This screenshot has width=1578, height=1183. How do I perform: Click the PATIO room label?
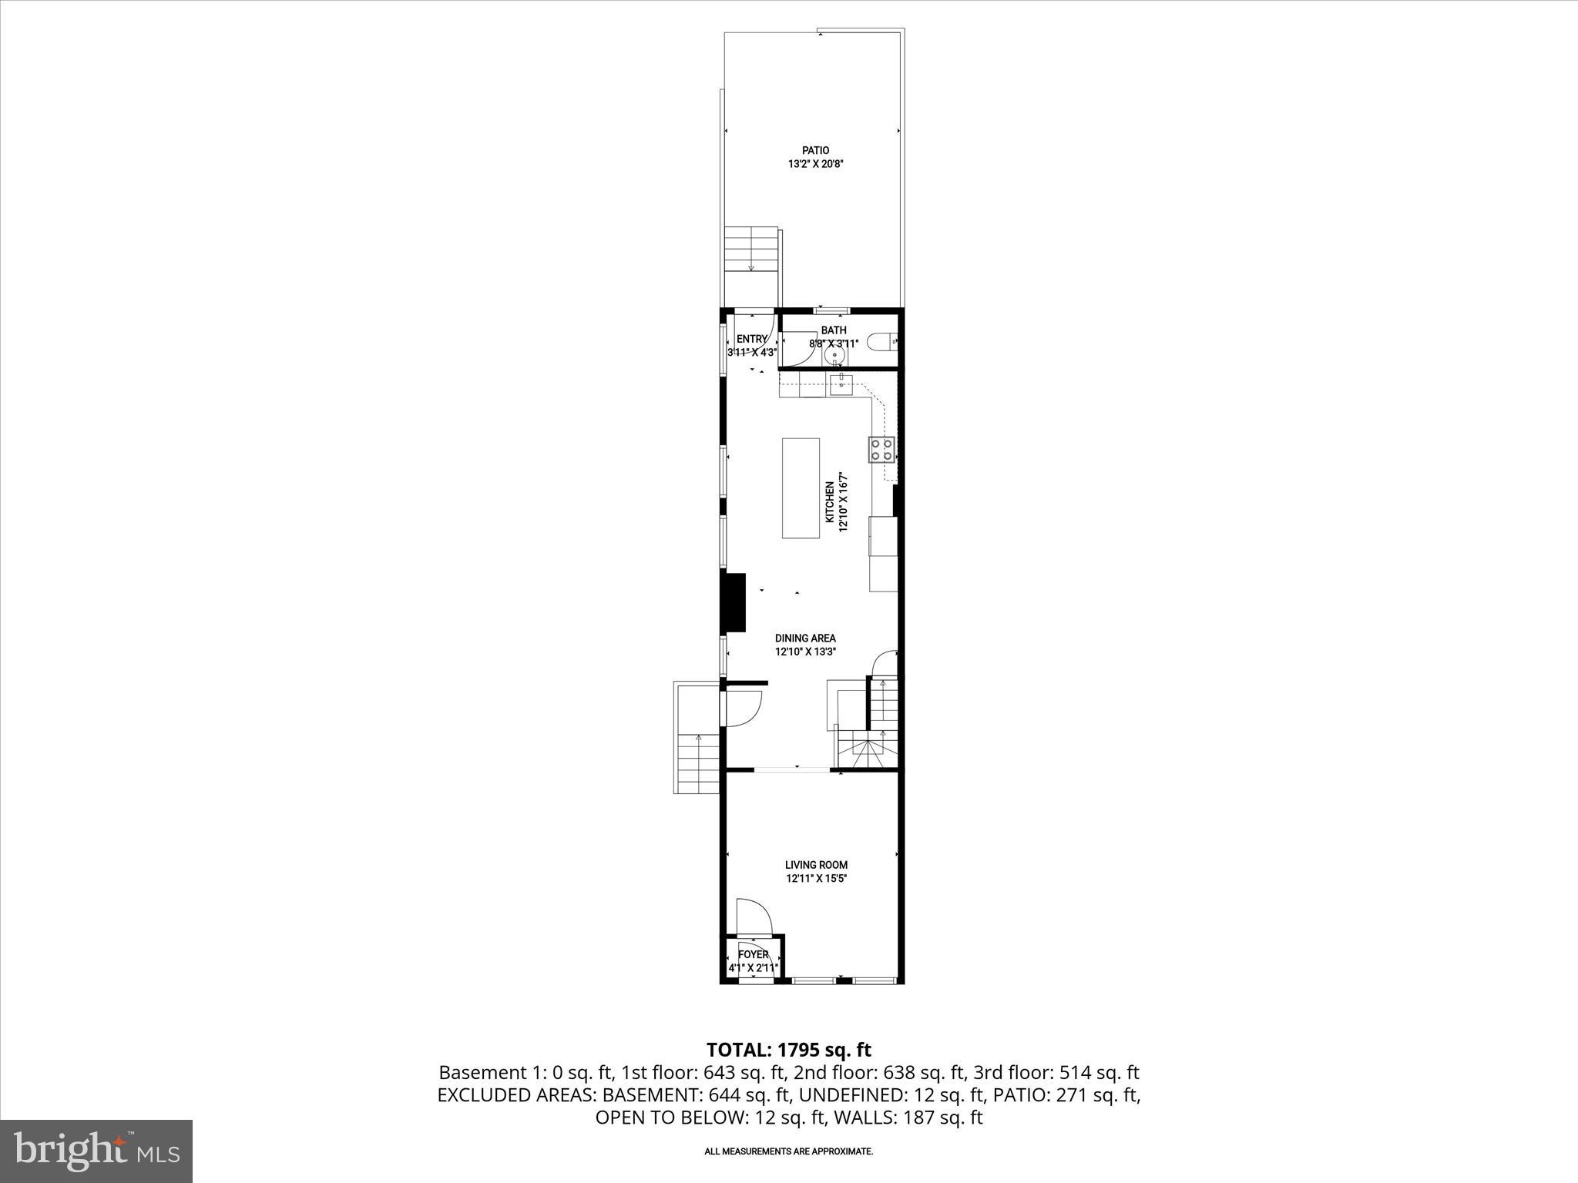point(815,150)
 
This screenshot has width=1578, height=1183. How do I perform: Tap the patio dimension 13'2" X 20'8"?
point(815,164)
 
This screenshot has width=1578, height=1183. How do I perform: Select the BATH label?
point(833,330)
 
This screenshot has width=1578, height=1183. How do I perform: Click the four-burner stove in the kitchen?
point(882,449)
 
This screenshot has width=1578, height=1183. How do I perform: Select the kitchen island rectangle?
point(801,488)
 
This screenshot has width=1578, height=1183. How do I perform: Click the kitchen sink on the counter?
point(840,383)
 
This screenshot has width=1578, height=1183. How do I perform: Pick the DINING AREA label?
point(805,638)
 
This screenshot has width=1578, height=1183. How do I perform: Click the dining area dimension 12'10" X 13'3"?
point(805,652)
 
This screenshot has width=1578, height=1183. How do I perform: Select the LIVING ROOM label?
point(816,865)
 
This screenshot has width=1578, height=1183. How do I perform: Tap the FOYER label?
point(753,955)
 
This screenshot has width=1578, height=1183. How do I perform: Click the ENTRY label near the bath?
point(751,339)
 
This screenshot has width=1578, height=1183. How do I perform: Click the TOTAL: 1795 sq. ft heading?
point(788,1050)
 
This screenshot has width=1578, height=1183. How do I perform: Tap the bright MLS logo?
point(96,1151)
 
